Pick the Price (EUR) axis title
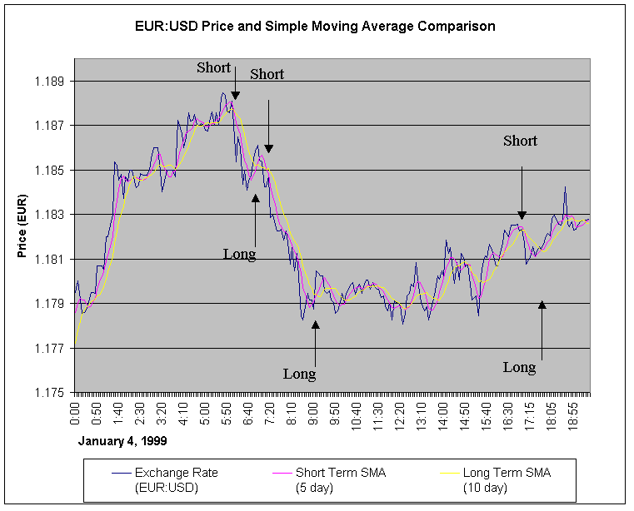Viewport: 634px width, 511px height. point(23,226)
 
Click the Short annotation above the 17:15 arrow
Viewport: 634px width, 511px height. point(520,141)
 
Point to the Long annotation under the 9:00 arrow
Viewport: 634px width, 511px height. point(299,375)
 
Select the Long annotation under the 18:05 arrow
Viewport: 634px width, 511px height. point(519,367)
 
